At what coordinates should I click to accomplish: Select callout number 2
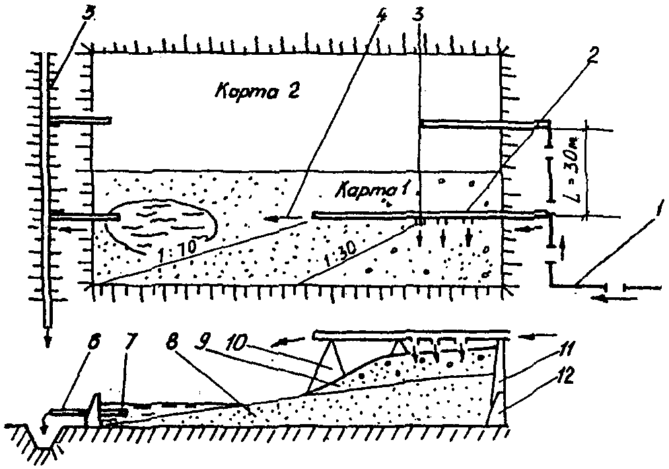pyautogui.click(x=592, y=56)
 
